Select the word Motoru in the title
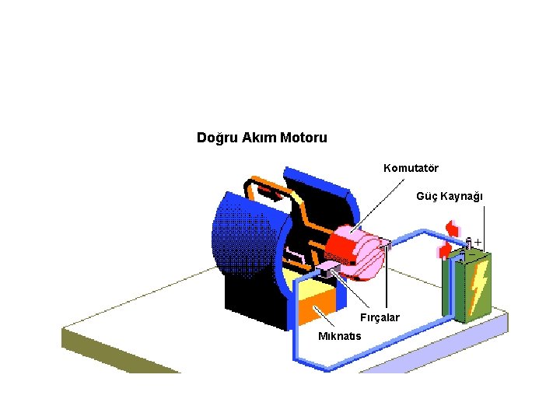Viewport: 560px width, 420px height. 303,138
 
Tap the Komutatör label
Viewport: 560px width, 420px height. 411,168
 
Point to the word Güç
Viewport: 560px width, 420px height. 426,196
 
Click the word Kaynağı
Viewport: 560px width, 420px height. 462,196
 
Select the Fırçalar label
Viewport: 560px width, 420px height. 379,317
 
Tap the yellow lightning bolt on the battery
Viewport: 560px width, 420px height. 478,285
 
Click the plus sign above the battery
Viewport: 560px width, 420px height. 478,242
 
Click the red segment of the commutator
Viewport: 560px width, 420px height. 339,247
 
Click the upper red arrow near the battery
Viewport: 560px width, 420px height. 451,228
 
